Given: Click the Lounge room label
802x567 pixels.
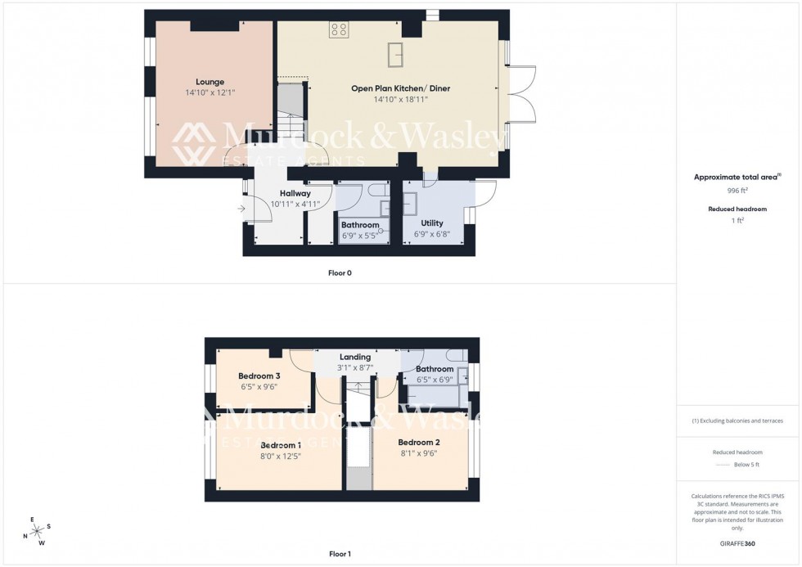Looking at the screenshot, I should pos(210,82).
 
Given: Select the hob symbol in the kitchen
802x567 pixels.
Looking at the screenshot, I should pos(339,29).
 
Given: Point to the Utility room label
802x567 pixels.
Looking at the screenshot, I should pos(431,223).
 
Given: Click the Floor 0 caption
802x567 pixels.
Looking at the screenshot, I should pos(340,272).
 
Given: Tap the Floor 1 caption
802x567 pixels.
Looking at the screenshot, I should pos(340,554).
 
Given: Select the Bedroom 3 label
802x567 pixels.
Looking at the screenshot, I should pos(259,376).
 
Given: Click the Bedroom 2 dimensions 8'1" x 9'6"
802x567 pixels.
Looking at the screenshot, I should pos(419,453).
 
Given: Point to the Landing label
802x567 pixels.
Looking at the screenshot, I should pos(355,357).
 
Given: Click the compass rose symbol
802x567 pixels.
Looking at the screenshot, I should pos(38,531).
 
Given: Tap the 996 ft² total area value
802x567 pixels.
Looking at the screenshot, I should pos(737,191).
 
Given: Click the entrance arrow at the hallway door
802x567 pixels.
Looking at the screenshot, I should pos(241,209).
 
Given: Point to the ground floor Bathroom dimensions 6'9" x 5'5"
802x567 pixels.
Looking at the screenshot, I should pos(360,236).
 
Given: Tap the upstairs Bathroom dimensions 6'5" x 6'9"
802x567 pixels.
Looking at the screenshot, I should pos(434,380).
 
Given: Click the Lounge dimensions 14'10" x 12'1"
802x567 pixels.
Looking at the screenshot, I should pos(210,92).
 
